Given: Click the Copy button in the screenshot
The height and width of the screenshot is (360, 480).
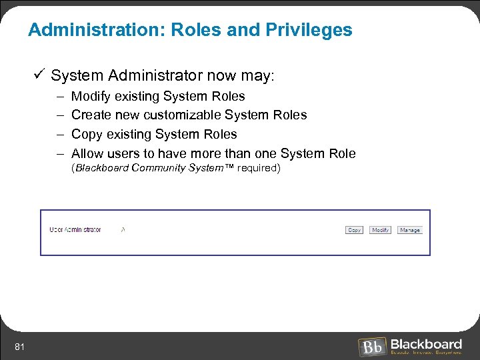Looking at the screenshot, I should (x=355, y=230).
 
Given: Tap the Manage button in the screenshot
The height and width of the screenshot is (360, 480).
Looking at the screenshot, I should (x=410, y=230).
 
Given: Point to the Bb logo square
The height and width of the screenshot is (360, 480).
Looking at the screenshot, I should (x=371, y=347).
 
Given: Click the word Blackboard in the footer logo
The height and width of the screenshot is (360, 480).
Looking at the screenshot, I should (x=426, y=343).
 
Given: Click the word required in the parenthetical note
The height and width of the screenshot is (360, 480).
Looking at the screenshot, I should (x=256, y=168).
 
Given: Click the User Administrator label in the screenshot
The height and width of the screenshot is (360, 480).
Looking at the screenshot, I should (x=75, y=230).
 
